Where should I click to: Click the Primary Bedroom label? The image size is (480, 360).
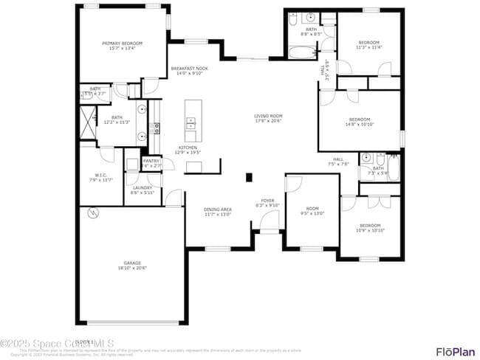[122, 46]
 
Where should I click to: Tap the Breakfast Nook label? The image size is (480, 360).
[190, 71]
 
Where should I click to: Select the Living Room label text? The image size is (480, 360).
[268, 119]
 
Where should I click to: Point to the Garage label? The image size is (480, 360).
[132, 266]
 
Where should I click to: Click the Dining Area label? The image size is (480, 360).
[218, 212]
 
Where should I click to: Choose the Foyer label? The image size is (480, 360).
[267, 203]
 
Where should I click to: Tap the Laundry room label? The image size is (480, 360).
[143, 190]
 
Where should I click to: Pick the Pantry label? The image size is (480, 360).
[151, 163]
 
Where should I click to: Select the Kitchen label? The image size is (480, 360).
[188, 150]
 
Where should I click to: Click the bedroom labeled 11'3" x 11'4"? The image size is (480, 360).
[368, 45]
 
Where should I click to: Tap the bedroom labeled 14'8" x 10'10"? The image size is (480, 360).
[360, 122]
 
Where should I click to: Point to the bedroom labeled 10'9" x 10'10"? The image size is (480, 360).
[370, 227]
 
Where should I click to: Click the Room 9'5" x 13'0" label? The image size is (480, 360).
[312, 211]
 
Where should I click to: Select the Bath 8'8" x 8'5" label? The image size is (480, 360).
[311, 32]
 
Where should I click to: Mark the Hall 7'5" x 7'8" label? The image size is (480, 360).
[338, 162]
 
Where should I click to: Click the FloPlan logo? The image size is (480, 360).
[455, 351]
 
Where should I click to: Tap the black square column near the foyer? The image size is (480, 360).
[249, 177]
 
